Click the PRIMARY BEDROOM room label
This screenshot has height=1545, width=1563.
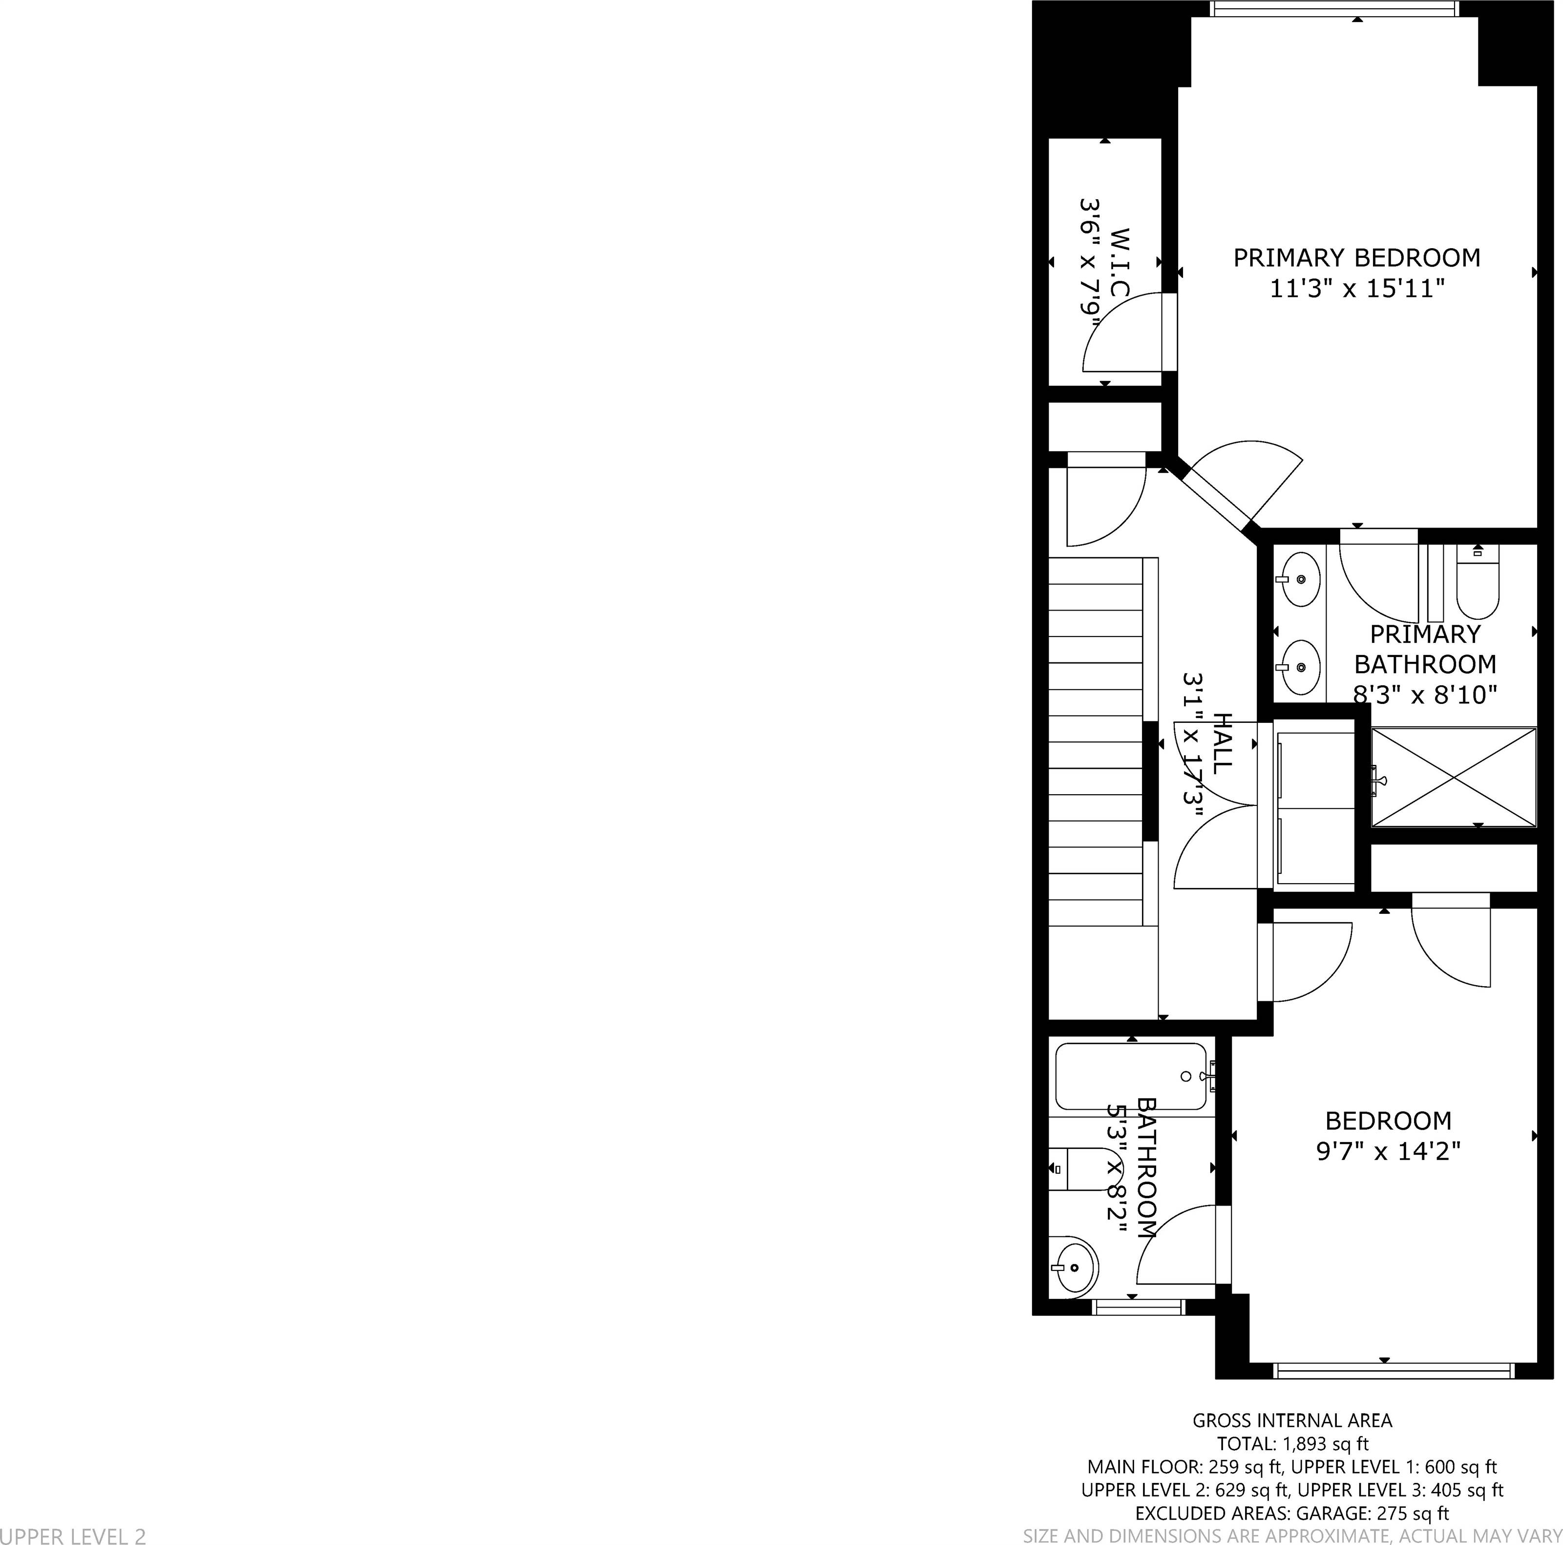[1357, 258]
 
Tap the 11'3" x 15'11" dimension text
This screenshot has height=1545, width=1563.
[1357, 289]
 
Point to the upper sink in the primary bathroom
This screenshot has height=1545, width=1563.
[1300, 579]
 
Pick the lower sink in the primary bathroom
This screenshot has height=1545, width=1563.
[1300, 667]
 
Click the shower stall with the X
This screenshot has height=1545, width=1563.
[1454, 777]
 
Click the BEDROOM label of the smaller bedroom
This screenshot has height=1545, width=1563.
[1388, 1121]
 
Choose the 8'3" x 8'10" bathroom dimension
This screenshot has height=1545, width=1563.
[1425, 694]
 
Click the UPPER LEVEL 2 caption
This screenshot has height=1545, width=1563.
[73, 1535]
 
